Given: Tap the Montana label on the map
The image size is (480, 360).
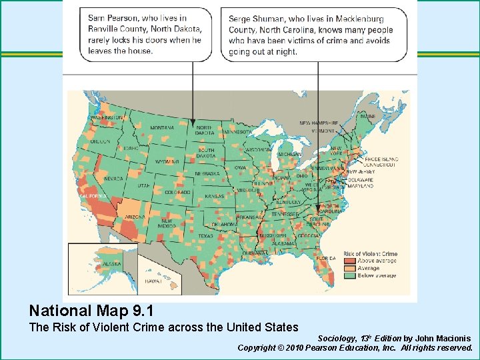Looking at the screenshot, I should pyautogui.click(x=162, y=128).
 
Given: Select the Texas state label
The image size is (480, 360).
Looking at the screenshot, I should pyautogui.click(x=205, y=236).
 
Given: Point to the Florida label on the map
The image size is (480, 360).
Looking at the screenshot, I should pyautogui.click(x=326, y=258).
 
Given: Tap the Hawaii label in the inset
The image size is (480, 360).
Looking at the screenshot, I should pyautogui.click(x=153, y=281).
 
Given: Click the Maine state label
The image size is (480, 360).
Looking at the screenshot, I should pyautogui.click(x=367, y=116).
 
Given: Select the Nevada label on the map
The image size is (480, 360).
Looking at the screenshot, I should pyautogui.click(x=113, y=179).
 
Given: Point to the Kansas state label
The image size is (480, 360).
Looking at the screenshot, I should pyautogui.click(x=214, y=197).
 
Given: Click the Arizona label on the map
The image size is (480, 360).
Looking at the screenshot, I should pyautogui.click(x=135, y=217).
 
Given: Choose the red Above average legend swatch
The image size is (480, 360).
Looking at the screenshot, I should pyautogui.click(x=350, y=260).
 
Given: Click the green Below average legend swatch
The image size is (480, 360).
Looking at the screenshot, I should pyautogui.click(x=350, y=275).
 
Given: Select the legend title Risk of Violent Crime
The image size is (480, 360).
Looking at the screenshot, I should pyautogui.click(x=370, y=253).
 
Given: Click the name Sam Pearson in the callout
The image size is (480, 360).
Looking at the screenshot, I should pyautogui.click(x=108, y=18).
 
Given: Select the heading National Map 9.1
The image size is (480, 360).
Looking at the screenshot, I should pyautogui.click(x=91, y=311).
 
